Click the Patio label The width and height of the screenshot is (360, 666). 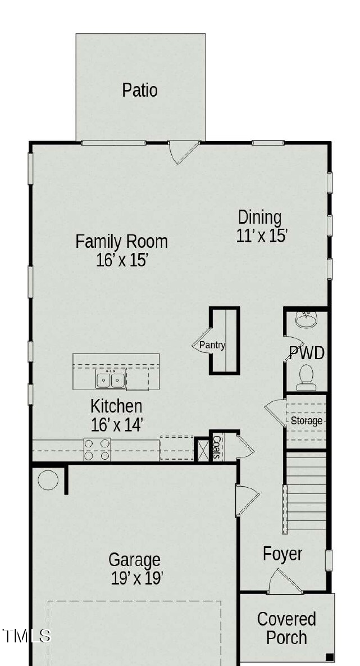tap(140, 90)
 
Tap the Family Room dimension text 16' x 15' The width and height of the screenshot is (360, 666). tap(122, 260)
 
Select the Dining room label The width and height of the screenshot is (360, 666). tap(259, 217)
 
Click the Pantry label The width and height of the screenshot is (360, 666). tap(212, 345)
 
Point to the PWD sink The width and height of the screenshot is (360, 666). tap(306, 320)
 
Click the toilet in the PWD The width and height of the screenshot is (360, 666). tap(306, 377)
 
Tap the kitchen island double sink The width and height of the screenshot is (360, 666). tap(110, 380)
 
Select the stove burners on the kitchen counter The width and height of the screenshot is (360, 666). tap(97, 450)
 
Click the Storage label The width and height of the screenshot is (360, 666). tap(307, 420)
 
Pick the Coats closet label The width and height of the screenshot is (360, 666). tap(216, 448)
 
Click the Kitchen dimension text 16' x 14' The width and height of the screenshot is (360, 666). tap(117, 425)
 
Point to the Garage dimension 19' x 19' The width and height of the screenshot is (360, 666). tap(137, 578)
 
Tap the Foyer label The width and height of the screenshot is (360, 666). tap(282, 554)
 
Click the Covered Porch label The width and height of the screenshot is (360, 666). tap(286, 628)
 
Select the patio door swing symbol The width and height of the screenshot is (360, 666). tap(184, 152)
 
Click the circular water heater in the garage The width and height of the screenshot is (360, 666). tap(48, 481)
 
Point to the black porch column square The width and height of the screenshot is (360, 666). tap(330, 656)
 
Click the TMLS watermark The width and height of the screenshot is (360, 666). tap(27, 636)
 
